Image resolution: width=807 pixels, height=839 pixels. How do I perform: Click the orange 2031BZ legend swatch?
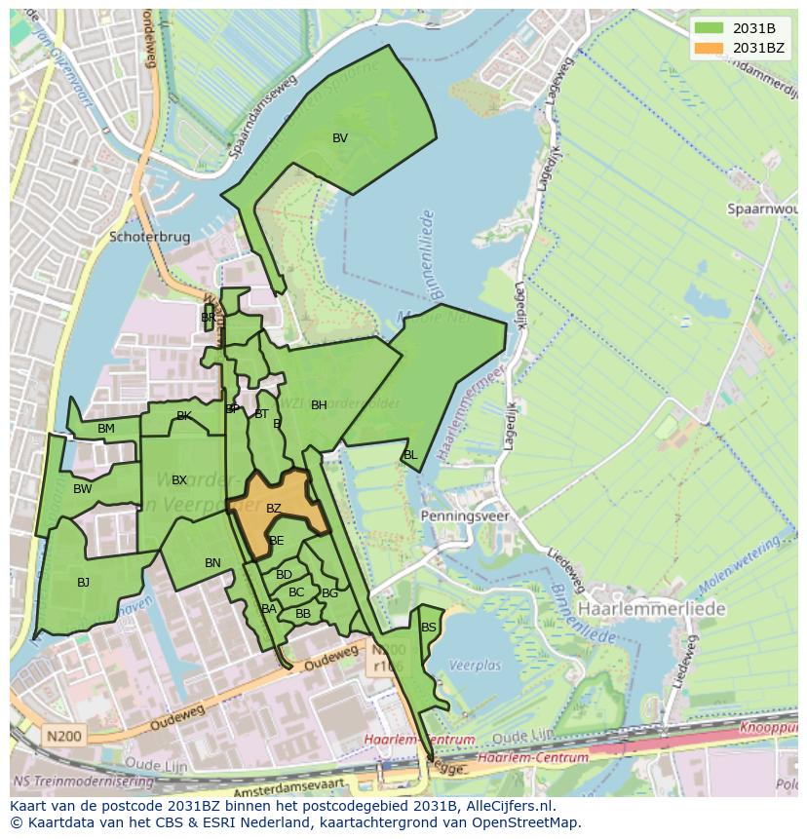(710, 48)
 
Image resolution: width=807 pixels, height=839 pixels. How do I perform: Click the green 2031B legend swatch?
(710, 28)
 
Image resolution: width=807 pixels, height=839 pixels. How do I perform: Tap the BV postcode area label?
(339, 138)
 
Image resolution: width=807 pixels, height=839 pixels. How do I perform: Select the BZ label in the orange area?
(273, 509)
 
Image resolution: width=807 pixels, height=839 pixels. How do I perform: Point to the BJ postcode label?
(83, 583)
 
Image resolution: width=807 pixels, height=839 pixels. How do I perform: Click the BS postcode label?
(428, 628)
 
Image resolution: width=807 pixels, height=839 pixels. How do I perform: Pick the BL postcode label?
(409, 455)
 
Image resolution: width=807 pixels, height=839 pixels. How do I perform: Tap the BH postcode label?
(319, 405)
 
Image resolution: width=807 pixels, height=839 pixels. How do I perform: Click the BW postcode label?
(82, 489)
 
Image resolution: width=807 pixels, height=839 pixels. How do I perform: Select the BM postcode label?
(106, 429)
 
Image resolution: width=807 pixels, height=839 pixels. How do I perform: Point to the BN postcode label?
(212, 563)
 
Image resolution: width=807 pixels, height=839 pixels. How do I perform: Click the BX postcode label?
(179, 480)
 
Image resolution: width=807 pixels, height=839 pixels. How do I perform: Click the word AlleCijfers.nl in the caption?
(507, 807)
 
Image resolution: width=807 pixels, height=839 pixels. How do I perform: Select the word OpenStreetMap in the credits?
(528, 823)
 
